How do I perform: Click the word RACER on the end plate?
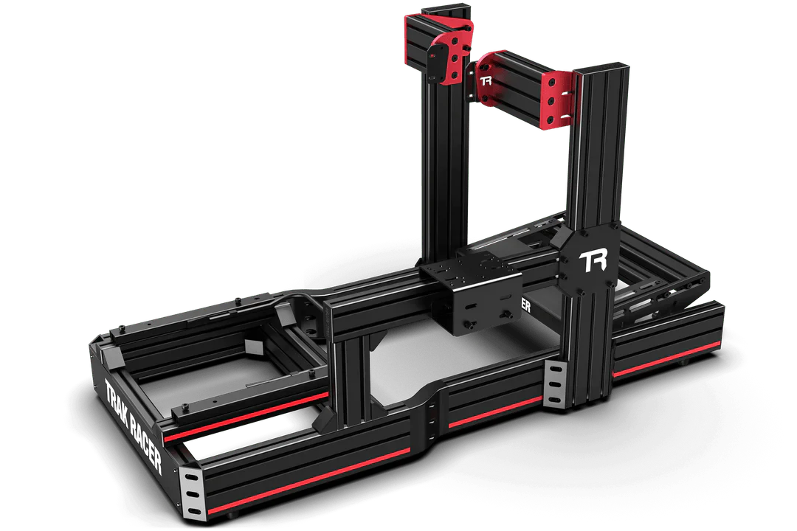(145, 442)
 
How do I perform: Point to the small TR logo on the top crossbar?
(486, 80)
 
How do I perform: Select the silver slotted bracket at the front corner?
(192, 490)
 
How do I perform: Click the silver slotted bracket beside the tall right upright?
(554, 384)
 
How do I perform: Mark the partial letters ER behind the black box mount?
(525, 304)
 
